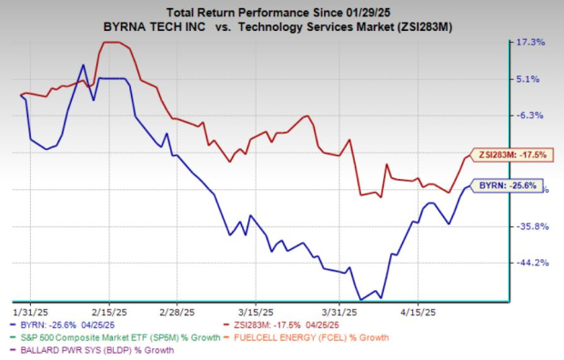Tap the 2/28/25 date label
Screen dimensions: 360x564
click(x=178, y=309)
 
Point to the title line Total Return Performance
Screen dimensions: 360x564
click(x=281, y=11)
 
